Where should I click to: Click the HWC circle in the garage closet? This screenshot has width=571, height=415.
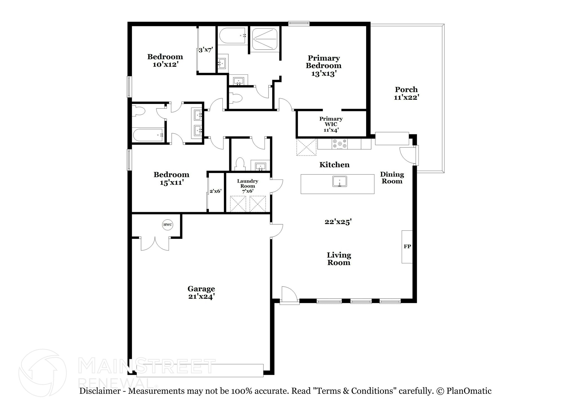click(168, 225)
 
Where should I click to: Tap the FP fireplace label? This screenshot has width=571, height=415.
click(407, 246)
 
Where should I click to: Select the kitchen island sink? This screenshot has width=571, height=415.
click(339, 181)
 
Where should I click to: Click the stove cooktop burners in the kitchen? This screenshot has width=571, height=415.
click(340, 144)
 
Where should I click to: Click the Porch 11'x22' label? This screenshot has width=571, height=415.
click(406, 93)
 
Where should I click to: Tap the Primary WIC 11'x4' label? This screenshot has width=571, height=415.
click(331, 124)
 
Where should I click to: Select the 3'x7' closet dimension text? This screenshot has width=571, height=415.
click(206, 50)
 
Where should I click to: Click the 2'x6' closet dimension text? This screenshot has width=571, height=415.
click(216, 191)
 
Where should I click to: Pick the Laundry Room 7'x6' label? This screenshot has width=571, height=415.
click(248, 186)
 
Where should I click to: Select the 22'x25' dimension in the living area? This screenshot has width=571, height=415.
click(338, 222)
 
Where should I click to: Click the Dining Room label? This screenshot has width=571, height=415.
click(392, 178)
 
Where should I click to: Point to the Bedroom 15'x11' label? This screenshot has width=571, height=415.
click(171, 178)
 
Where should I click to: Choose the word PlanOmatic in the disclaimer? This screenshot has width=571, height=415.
click(469, 391)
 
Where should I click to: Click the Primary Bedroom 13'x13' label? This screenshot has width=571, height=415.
click(323, 66)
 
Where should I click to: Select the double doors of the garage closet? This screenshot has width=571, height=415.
click(155, 243)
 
